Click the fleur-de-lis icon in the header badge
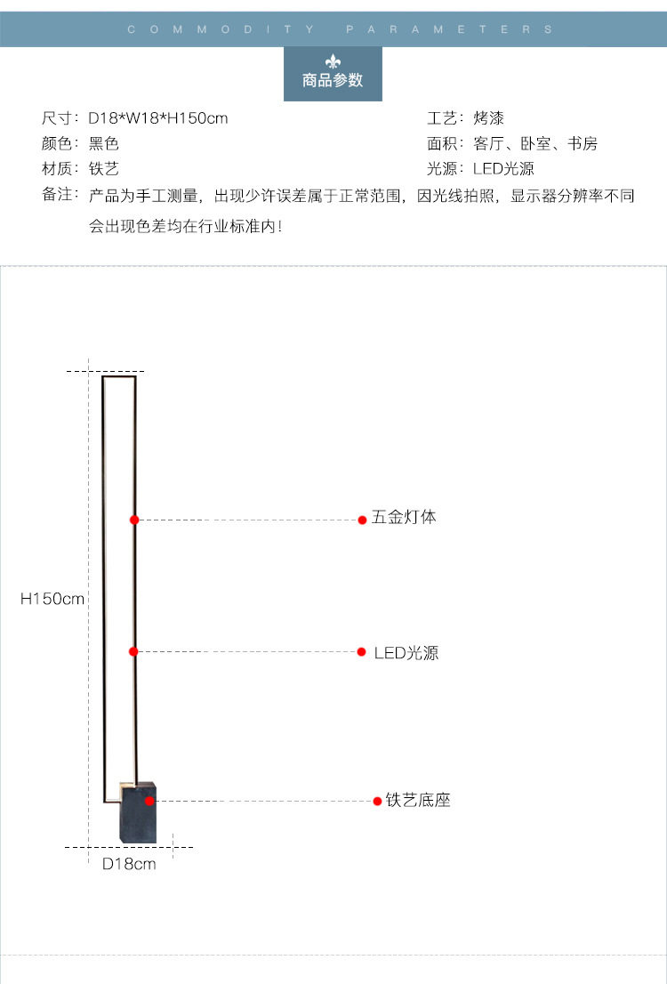(333, 61)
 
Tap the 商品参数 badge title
(333, 81)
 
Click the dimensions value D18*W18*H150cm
(158, 118)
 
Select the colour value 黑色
(103, 143)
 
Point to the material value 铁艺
(103, 168)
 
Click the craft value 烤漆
(487, 118)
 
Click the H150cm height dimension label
(52, 599)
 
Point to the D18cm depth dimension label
(129, 864)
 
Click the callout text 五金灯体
(404, 517)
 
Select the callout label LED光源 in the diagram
(406, 653)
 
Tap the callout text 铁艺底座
(418, 800)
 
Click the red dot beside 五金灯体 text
(362, 520)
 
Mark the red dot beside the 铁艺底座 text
(377, 801)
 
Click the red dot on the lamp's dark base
(150, 801)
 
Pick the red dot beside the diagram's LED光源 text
(362, 652)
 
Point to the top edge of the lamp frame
(118, 377)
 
